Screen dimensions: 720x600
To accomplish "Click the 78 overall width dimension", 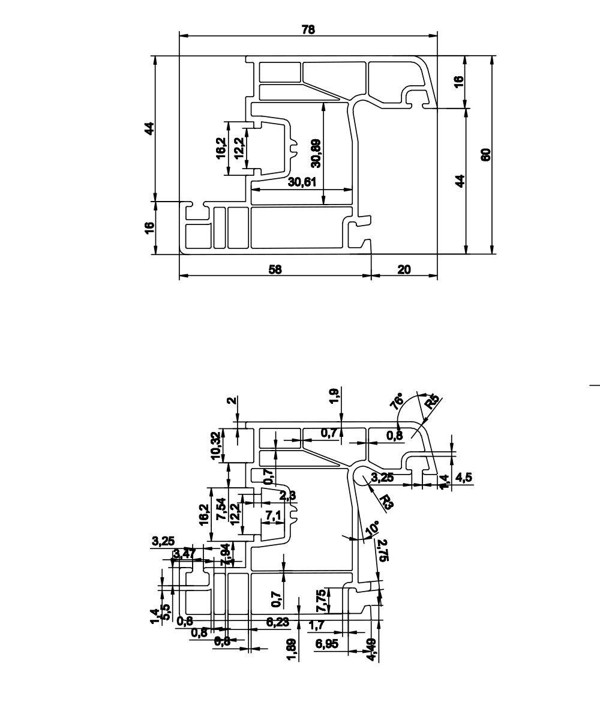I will [308, 29].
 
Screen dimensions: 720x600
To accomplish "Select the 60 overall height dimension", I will [486, 154].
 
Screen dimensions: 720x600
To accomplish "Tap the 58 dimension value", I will [275, 270].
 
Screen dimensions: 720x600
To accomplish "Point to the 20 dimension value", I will [404, 270].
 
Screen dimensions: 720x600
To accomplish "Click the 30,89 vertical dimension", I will [316, 153].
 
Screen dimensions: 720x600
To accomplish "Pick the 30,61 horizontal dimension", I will [301, 182].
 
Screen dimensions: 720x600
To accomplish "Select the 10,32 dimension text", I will [216, 445].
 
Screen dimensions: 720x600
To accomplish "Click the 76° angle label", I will [397, 401].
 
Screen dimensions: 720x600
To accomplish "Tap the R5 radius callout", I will [431, 401].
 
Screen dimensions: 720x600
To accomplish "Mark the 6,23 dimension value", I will [277, 622].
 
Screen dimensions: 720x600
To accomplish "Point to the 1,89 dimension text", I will [291, 650].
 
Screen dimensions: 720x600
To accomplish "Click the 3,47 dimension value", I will [183, 553].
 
